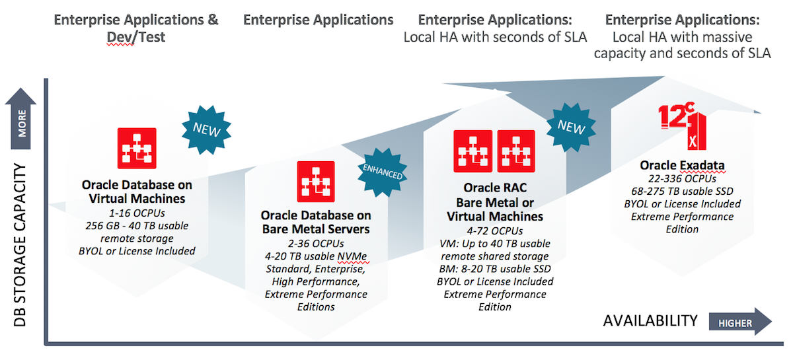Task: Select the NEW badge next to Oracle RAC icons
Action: (571, 127)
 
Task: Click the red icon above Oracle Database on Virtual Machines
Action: (137, 147)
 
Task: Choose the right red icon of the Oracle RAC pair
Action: (515, 149)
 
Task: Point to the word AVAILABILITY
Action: (650, 321)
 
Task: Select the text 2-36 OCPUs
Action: (316, 244)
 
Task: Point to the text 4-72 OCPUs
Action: (495, 231)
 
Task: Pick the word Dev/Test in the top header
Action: (136, 38)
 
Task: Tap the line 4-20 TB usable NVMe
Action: (316, 256)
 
